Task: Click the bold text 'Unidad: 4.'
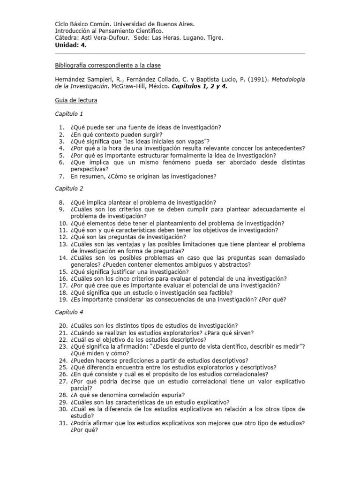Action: coord(71,45)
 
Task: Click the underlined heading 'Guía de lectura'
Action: coord(76,100)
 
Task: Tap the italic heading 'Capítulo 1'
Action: coord(69,113)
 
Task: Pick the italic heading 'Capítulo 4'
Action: coord(69,311)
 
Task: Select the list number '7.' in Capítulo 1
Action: coord(61,176)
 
